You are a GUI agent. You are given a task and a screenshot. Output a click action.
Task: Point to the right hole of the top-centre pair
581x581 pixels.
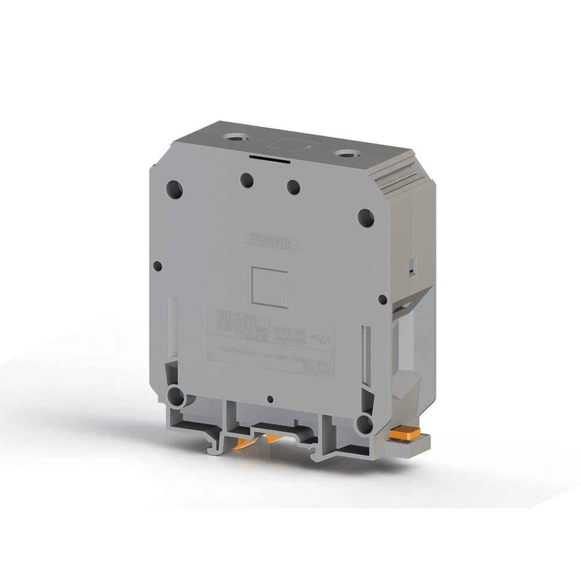(x=293, y=187)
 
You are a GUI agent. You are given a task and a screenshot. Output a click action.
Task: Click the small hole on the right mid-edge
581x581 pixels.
(x=382, y=300)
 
